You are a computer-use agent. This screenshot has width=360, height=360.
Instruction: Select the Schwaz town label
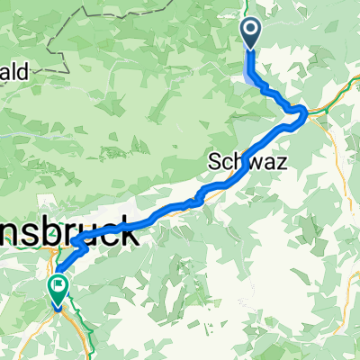point(241,161)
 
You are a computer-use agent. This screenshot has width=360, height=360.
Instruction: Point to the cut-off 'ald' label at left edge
point(17,70)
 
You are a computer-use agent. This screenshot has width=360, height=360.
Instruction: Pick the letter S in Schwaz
point(215,161)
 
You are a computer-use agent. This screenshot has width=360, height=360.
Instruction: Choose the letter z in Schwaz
point(268,162)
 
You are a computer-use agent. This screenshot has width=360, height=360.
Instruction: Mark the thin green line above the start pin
point(248,7)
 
